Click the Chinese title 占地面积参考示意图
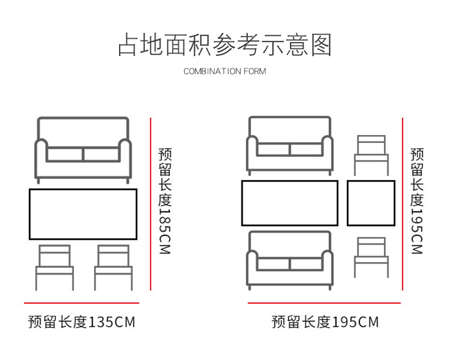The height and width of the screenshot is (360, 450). point(224,45)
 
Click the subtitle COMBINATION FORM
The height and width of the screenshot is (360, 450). point(224,72)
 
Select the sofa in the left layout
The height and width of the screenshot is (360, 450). point(83,149)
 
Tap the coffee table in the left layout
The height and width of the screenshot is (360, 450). point(83,214)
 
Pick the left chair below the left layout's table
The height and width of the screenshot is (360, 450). point(55,267)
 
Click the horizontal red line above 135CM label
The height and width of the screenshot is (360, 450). point(81,303)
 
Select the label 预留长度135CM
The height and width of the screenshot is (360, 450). point(81,322)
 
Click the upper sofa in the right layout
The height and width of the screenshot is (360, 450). point(289,145)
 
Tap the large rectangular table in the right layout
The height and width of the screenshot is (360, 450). point(289,203)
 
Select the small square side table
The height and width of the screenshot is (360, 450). point(371,203)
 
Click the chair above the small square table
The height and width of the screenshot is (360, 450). point(371,155)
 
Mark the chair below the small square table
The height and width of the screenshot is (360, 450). point(371,257)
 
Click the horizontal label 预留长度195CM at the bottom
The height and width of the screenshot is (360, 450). point(325,322)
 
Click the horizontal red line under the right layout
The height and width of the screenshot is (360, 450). point(325,303)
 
